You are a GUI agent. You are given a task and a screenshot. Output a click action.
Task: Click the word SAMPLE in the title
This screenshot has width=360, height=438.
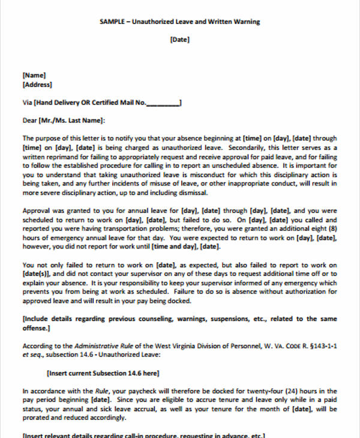tap(113, 22)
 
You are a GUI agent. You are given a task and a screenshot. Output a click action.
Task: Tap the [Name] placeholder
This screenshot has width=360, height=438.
tap(34, 76)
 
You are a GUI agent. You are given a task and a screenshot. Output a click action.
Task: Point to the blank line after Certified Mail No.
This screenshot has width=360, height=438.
tap(163, 103)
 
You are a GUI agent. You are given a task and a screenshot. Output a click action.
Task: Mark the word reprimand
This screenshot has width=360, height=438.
tap(59, 156)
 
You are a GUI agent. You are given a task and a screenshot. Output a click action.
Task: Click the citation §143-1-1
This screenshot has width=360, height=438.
tap(320, 346)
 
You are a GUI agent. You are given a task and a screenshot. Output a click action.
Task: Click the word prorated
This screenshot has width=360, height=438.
tap(39, 418)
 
